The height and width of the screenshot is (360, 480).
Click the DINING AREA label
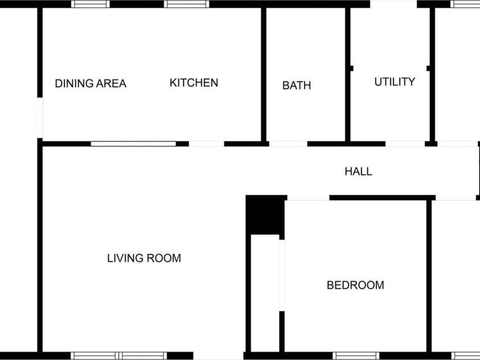tap(91, 83)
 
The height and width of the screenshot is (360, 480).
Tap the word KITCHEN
tap(194, 83)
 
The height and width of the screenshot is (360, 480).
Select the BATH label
tap(297, 85)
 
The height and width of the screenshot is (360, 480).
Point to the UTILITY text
tap(395, 81)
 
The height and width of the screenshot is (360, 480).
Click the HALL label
tap(359, 171)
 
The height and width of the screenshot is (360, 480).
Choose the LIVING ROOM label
tap(144, 258)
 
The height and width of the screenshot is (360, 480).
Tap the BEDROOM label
tap(355, 285)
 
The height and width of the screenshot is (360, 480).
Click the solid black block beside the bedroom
tap(265, 215)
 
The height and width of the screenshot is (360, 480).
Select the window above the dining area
tap(91, 4)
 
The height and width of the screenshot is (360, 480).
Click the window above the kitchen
tap(186, 4)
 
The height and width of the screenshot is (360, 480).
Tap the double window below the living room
tap(119, 355)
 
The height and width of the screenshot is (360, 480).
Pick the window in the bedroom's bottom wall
tap(356, 355)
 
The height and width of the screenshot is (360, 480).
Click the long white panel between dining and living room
tap(133, 144)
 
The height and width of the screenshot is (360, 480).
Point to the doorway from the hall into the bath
tap(288, 144)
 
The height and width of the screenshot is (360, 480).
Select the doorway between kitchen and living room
tap(207, 144)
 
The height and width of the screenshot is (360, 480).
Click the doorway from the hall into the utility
tap(405, 144)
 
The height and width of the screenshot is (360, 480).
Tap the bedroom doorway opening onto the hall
tap(308, 198)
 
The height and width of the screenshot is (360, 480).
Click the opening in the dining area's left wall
tap(40, 118)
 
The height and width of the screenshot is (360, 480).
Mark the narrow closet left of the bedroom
tap(265, 293)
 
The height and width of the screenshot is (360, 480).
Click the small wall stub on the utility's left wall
tap(352, 68)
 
